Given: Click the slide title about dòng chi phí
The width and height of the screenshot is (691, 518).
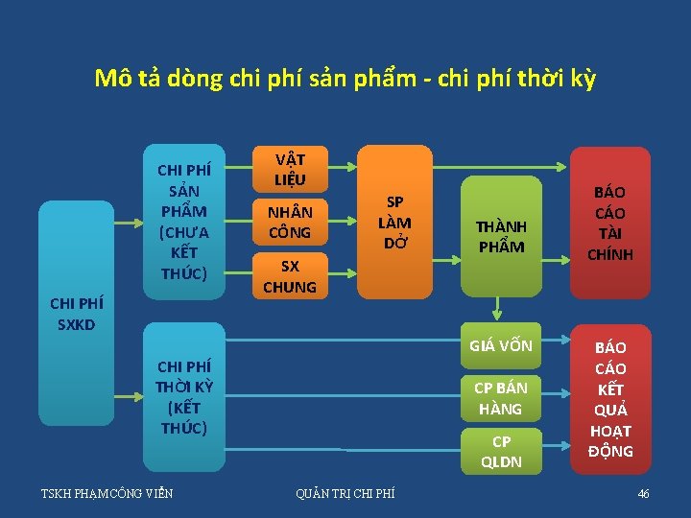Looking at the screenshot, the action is click(345, 78).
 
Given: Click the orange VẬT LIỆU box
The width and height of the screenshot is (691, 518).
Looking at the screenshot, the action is click(289, 168).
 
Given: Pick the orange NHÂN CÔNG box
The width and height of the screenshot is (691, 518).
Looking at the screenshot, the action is click(289, 222).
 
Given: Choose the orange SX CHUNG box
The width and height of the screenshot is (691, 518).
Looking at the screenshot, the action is click(289, 276).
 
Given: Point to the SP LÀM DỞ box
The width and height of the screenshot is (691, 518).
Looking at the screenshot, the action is click(394, 222).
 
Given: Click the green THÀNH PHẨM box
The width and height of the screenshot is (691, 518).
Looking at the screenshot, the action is click(500, 235).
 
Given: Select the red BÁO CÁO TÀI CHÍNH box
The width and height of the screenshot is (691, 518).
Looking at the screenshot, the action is click(610, 222).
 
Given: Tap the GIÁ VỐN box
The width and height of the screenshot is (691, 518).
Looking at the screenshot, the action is click(501, 346).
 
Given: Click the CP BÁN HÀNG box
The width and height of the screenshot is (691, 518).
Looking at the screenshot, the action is click(501, 397).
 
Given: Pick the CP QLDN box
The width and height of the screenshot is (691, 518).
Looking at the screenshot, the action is click(501, 451).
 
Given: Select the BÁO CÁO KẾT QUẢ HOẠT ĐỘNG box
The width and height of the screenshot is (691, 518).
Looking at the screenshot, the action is click(610, 398).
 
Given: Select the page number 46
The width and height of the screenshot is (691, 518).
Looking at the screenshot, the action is click(643, 494).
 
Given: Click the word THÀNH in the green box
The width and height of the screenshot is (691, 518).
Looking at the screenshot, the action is click(501, 226).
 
